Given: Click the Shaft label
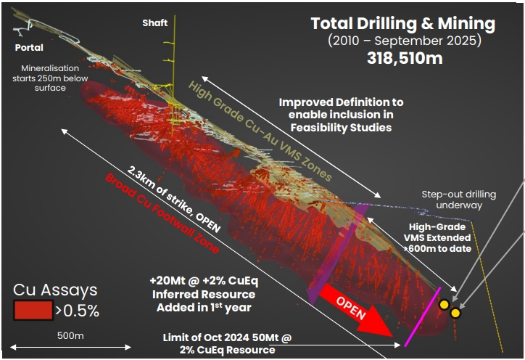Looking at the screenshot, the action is pyautogui.click(x=154, y=22).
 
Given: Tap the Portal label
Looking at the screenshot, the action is pyautogui.click(x=29, y=48).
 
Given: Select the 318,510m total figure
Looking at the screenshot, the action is pyautogui.click(x=405, y=58).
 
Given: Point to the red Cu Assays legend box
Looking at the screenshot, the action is pyautogui.click(x=33, y=310).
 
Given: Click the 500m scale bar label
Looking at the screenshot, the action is pyautogui.click(x=70, y=335).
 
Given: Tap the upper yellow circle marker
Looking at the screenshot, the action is pyautogui.click(x=444, y=305).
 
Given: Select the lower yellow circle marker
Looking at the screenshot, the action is pyautogui.click(x=455, y=313).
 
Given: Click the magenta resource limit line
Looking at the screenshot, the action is pyautogui.click(x=423, y=316).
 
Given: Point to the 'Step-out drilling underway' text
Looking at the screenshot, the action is pyautogui.click(x=459, y=200).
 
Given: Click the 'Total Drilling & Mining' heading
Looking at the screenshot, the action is pyautogui.click(x=403, y=24).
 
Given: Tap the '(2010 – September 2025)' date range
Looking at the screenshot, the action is pyautogui.click(x=405, y=41).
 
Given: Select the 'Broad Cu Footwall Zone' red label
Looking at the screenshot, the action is pyautogui.click(x=162, y=213).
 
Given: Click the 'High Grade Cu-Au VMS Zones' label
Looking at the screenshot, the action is pyautogui.click(x=260, y=131).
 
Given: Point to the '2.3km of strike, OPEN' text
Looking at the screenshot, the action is pyautogui.click(x=173, y=199).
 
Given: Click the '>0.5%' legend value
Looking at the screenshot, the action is pyautogui.click(x=78, y=311).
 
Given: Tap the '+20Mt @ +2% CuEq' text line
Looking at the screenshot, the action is pyautogui.click(x=204, y=281).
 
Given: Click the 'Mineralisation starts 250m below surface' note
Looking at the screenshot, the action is pyautogui.click(x=50, y=78).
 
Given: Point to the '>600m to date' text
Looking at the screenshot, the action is pyautogui.click(x=437, y=249).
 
